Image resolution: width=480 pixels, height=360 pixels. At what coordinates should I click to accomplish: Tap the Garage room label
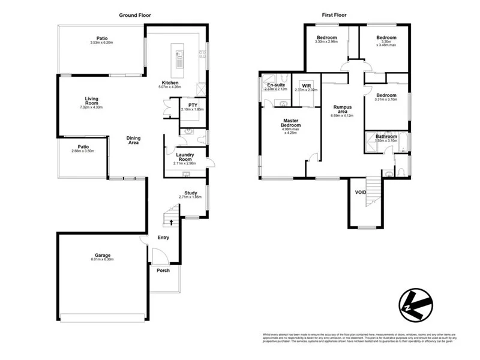click(102, 255)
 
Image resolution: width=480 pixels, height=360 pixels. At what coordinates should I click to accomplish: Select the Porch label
click(163, 271)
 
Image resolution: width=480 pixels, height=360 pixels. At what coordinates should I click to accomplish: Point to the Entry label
click(163, 238)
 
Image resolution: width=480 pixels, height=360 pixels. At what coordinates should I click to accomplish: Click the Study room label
click(191, 193)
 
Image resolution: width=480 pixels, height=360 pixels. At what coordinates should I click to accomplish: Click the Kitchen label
click(170, 83)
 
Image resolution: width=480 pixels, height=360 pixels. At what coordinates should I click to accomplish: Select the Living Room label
click(91, 101)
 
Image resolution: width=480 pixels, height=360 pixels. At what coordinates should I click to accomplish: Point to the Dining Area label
click(133, 140)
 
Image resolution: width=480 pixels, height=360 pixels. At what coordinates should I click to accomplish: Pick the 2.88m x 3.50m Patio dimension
click(83, 152)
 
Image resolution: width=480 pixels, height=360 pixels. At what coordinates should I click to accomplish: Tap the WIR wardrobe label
click(306, 85)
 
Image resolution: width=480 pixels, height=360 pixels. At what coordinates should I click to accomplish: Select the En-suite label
click(276, 85)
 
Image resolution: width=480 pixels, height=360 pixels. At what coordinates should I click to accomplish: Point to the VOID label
click(361, 192)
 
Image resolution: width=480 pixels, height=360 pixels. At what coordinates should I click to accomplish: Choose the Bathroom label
click(386, 136)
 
